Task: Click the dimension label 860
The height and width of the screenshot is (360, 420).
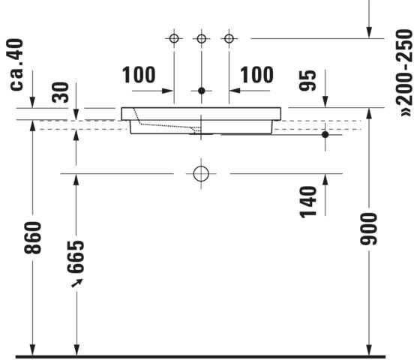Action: [33, 238]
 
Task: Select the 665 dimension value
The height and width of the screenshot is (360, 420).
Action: [76, 256]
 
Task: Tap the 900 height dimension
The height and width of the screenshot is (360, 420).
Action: [368, 229]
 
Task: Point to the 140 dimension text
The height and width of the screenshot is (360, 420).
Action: [308, 202]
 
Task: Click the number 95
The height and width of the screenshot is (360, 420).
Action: [307, 80]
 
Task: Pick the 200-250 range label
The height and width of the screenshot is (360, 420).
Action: [404, 73]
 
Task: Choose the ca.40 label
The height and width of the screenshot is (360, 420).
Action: [16, 64]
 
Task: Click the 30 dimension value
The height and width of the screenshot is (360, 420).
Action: [60, 92]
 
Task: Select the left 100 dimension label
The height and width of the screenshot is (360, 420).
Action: [139, 75]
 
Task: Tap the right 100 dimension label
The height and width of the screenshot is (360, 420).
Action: [256, 75]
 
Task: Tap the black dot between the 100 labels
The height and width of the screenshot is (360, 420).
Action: [202, 91]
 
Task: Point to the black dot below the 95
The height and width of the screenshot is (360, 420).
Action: [325, 134]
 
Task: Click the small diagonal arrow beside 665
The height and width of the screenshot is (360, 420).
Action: [76, 283]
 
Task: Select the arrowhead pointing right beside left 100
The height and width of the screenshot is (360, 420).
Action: [167, 91]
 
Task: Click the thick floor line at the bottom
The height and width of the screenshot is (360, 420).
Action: [196, 357]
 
